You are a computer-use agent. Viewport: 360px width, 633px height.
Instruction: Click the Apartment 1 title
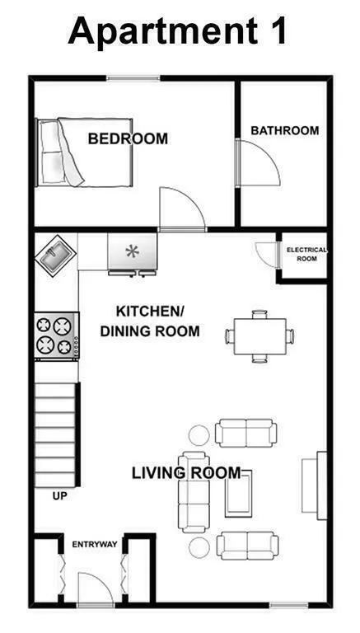pos(179,30)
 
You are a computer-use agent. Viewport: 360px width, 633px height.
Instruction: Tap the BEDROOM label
pos(128,138)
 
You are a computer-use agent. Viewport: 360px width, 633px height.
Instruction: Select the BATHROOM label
pos(284,130)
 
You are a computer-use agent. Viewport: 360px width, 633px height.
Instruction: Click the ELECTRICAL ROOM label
pos(306,254)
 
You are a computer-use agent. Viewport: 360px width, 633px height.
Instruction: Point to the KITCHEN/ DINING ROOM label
pos(149,321)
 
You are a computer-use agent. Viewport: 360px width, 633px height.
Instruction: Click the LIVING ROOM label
pos(186,473)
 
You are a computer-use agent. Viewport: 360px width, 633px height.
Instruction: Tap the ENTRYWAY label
pos(94,545)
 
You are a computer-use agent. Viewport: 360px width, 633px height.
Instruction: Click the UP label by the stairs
pos(59,496)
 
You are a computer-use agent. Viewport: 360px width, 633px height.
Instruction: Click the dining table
pos(259,336)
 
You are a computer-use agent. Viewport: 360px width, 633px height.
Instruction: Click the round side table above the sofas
pos(199,434)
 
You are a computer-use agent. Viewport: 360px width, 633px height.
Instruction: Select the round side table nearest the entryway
pos(199,547)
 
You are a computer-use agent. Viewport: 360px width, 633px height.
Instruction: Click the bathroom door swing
pos(259,165)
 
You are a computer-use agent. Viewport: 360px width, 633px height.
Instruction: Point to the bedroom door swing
pos(180,208)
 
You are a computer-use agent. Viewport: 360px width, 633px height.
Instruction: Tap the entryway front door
pos(95,589)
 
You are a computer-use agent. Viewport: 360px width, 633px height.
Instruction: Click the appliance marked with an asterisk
pos(132,251)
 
